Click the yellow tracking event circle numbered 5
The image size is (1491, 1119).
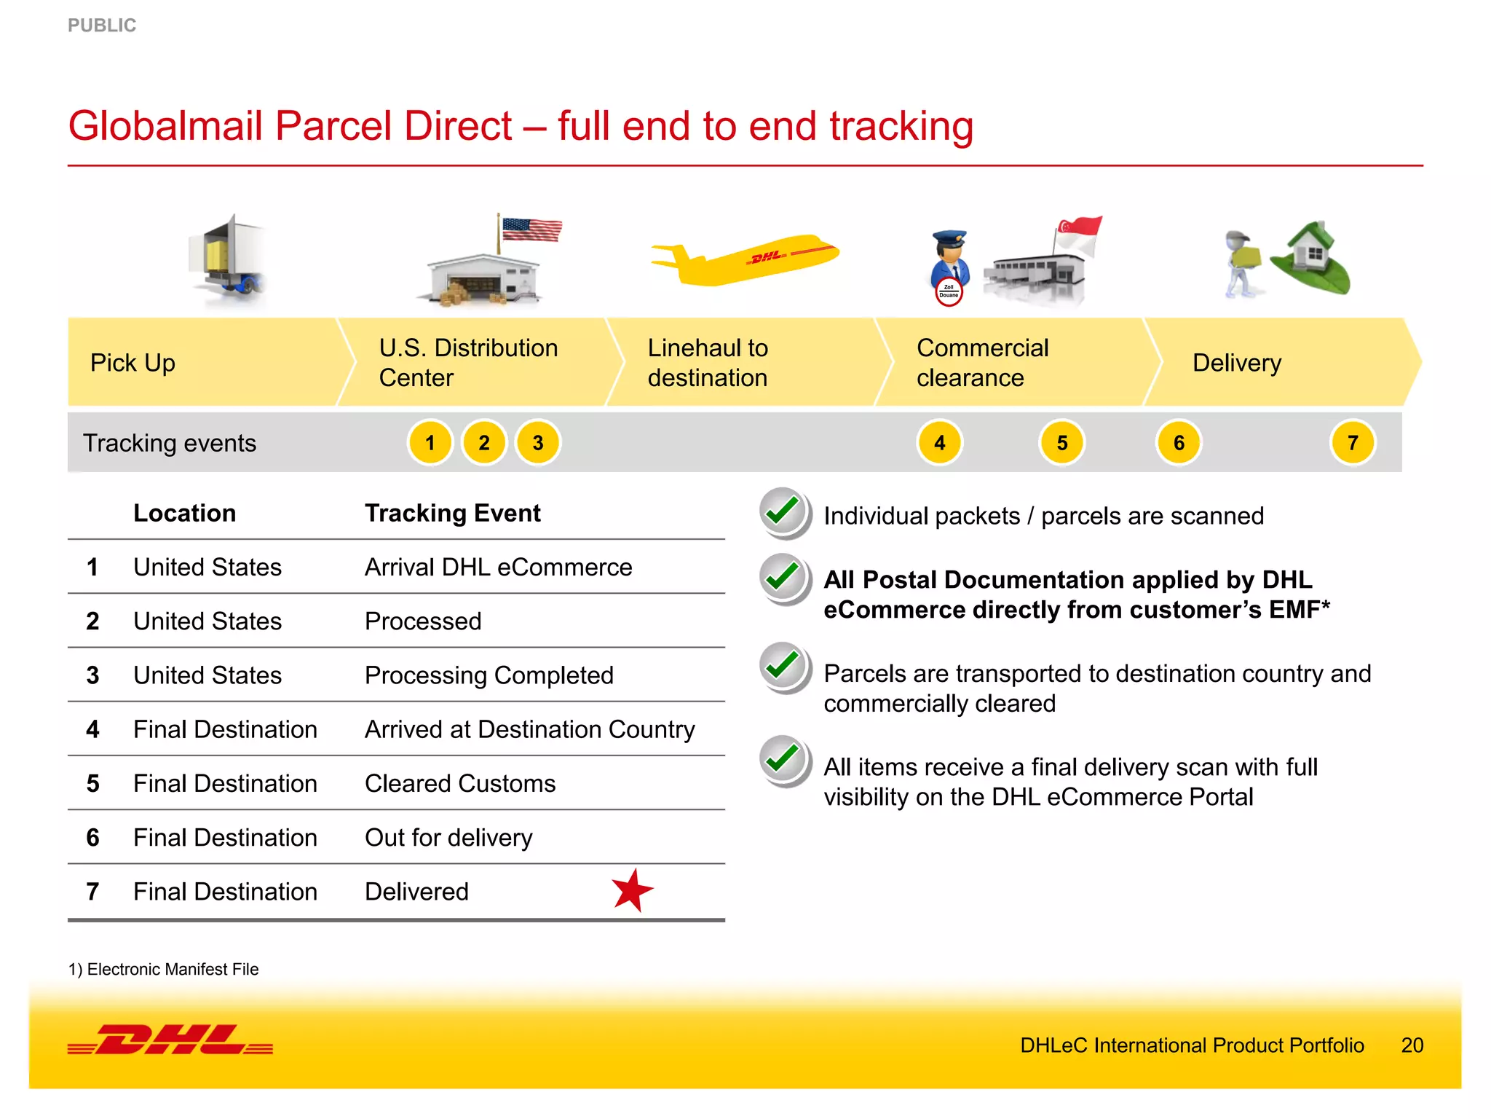[1062, 443]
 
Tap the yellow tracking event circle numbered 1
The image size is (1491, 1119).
[430, 443]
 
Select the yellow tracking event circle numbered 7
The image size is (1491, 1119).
[1353, 443]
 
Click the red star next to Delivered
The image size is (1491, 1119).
[632, 890]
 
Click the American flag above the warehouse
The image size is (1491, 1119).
[531, 229]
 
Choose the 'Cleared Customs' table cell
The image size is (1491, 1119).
[460, 784]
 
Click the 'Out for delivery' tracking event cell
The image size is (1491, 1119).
[448, 838]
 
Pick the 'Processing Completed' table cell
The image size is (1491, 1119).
[489, 675]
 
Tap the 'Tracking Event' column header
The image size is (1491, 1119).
[453, 514]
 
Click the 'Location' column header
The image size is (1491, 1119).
[185, 514]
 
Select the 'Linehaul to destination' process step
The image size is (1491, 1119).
[708, 363]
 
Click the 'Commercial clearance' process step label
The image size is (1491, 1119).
[982, 363]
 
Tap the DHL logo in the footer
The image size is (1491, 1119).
[170, 1040]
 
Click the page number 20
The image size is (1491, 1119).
[1412, 1045]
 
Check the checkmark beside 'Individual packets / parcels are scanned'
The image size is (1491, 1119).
[784, 512]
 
